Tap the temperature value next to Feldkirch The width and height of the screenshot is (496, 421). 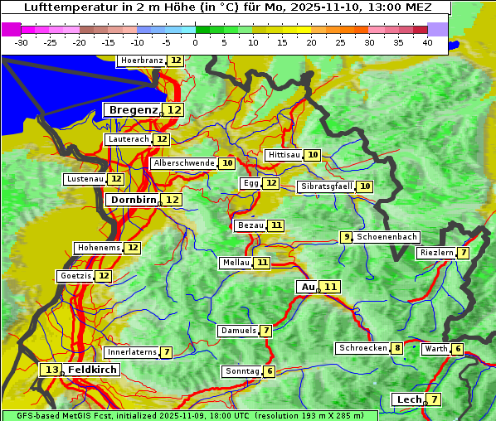click(x=52, y=370)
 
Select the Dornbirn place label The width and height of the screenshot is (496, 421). click(x=134, y=200)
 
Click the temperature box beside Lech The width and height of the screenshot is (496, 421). click(x=434, y=399)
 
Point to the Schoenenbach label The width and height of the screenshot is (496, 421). click(x=387, y=237)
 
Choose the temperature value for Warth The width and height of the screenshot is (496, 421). click(x=458, y=349)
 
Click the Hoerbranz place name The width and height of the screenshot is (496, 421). click(x=142, y=60)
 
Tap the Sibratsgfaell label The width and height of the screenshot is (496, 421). click(x=327, y=186)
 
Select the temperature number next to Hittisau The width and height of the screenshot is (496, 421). click(x=313, y=155)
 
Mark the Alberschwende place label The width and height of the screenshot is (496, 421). click(x=184, y=163)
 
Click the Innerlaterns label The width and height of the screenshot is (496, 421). click(x=132, y=352)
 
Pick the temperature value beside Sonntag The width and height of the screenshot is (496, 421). click(x=270, y=371)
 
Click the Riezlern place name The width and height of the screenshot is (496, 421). click(x=436, y=253)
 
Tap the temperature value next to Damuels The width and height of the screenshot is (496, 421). click(x=266, y=331)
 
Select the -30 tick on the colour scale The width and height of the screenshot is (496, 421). click(x=22, y=42)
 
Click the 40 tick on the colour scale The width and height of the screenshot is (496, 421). click(x=427, y=42)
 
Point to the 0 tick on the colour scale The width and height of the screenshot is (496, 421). click(x=196, y=42)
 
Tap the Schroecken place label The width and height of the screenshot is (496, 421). click(x=362, y=348)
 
